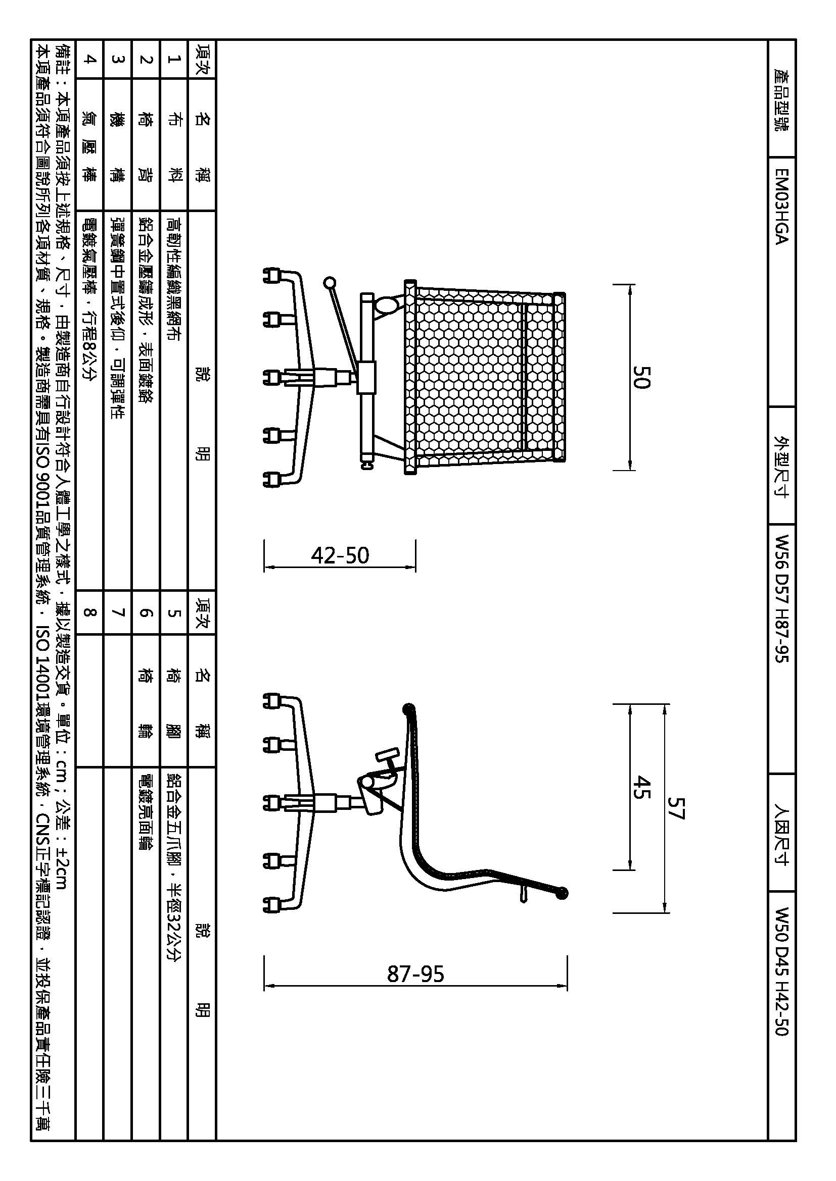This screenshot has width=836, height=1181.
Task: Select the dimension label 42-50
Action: [340, 555]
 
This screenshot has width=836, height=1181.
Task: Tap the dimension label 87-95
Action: [415, 974]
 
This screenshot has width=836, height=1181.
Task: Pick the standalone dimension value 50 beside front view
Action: [641, 377]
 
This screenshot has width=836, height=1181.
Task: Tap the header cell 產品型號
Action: [781, 99]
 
